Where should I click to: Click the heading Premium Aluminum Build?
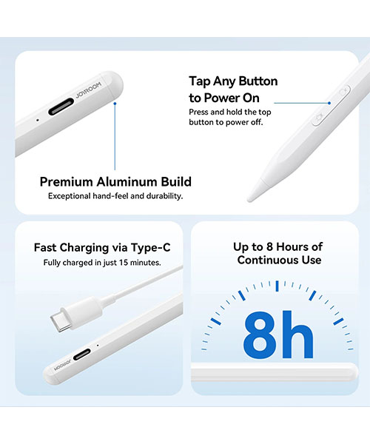115,182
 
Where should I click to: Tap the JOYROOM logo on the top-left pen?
88,90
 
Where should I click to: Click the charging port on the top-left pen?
61,107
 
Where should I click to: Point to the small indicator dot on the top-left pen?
38,120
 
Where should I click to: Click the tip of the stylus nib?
249,200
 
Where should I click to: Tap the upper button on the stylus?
344,92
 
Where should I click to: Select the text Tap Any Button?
233,81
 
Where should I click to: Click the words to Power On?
224,98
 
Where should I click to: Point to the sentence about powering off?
230,117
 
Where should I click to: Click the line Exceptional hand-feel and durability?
115,196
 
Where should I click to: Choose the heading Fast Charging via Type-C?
102,247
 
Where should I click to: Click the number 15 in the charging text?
124,263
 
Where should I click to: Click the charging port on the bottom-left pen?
82,354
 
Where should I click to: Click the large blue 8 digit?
260,335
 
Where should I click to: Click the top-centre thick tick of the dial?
277,286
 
